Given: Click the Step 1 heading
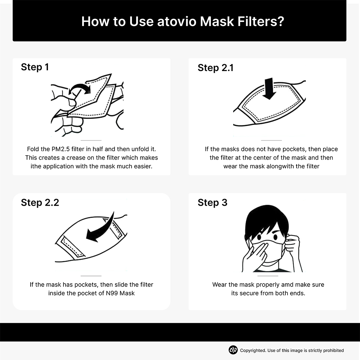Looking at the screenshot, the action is [x=35, y=67].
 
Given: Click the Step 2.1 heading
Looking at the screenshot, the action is [x=215, y=68].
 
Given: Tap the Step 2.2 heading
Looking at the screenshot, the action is [x=40, y=203].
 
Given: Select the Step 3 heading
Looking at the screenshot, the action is [x=212, y=203].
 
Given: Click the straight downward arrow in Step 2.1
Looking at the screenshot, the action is [x=269, y=89].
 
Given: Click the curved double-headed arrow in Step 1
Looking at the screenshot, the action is [x=80, y=89].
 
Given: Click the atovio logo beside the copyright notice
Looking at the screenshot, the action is [x=233, y=350].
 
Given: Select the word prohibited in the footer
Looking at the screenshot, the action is [x=333, y=350].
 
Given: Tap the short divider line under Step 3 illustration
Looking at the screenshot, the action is [x=268, y=276].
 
